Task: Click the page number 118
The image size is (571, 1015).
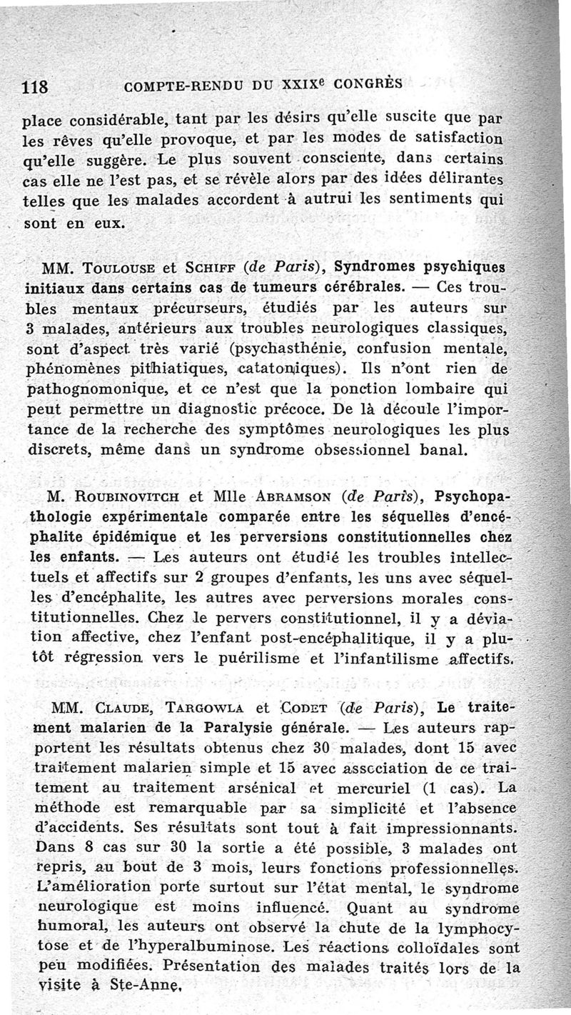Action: click(35, 89)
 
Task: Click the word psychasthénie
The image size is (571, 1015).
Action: click(297, 351)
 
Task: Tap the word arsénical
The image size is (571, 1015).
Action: click(243, 789)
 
